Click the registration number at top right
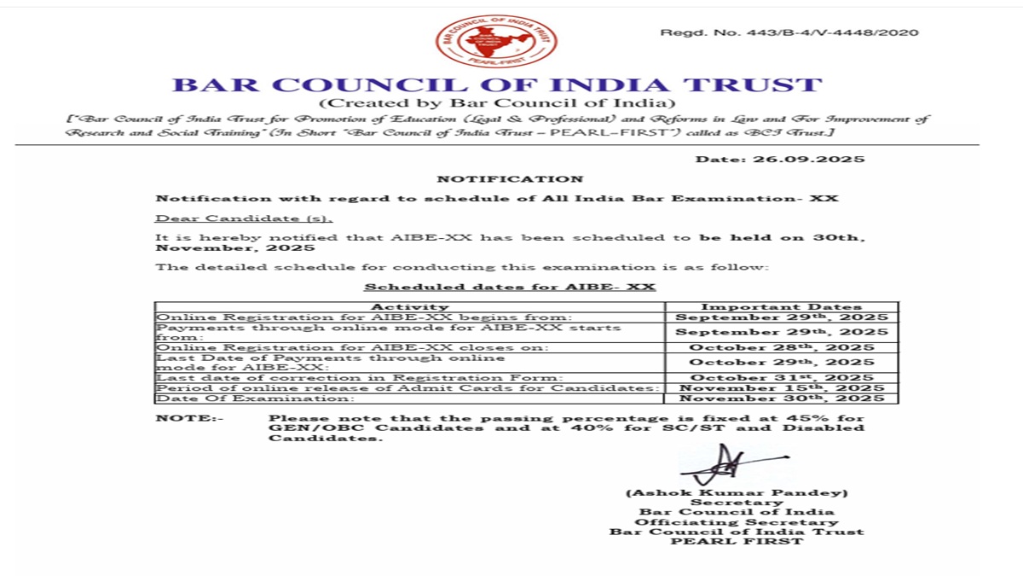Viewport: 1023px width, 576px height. coord(789,32)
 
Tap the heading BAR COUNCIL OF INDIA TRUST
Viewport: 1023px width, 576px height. coord(497,85)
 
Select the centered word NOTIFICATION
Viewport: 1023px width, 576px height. coord(510,179)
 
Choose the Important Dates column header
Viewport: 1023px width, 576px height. coord(781,306)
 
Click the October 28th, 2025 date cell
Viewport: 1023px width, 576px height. coord(781,347)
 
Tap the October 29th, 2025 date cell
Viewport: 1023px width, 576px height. coord(781,362)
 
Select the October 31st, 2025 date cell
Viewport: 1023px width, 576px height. coord(781,377)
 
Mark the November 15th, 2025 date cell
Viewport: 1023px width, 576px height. coord(781,388)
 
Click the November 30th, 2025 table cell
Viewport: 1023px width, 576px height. coord(781,399)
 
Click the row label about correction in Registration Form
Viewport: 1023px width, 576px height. coord(359,377)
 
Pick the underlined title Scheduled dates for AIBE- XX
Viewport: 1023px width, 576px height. coord(510,287)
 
